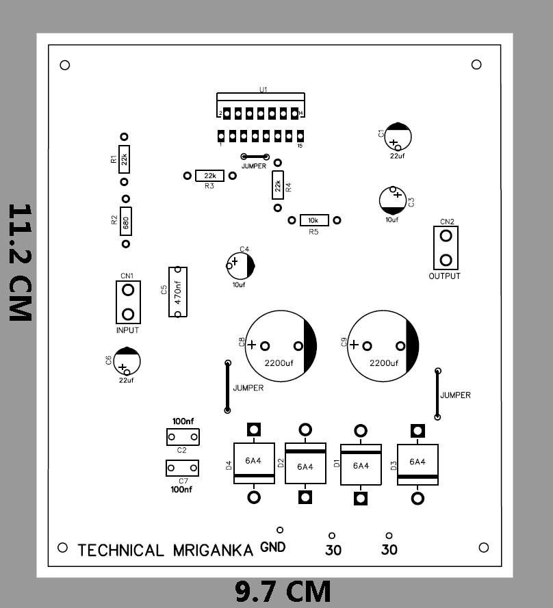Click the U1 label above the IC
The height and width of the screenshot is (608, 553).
click(x=263, y=90)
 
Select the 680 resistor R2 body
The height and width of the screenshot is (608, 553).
click(x=125, y=222)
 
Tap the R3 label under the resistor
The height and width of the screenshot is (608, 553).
click(x=209, y=186)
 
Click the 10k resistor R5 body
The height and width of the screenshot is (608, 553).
click(x=314, y=220)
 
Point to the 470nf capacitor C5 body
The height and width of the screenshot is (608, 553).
click(x=177, y=292)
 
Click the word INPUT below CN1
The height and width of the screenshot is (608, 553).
click(x=127, y=330)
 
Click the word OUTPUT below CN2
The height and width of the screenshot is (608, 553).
click(x=445, y=276)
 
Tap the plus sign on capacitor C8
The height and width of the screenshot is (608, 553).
click(x=252, y=345)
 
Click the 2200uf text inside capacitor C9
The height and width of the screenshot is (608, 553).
click(x=383, y=363)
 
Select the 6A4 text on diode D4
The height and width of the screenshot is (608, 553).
click(x=253, y=461)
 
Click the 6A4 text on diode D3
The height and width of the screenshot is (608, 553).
click(x=417, y=462)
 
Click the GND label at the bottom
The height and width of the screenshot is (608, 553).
click(x=273, y=548)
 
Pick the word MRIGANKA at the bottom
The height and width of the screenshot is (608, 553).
click(x=213, y=551)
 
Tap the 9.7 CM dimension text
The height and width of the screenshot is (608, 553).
click(x=283, y=591)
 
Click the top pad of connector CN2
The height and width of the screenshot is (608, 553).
click(x=446, y=236)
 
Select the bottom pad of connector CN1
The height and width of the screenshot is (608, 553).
click(x=128, y=314)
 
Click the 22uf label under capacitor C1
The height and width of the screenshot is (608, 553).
click(x=396, y=156)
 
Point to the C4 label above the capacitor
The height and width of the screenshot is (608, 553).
click(x=244, y=249)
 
